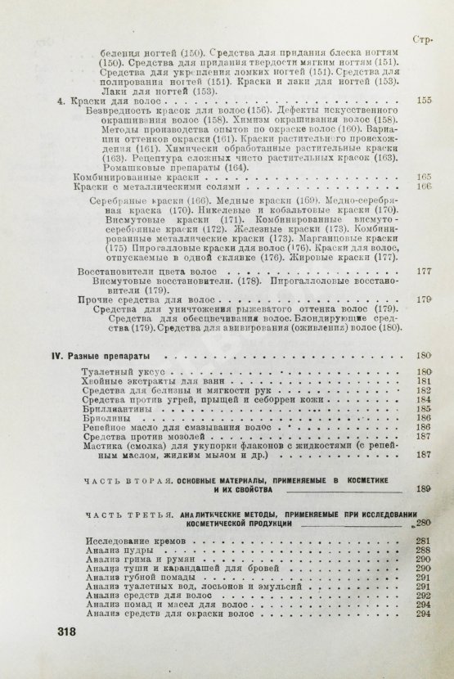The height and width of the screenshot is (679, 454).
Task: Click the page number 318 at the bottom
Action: [62, 631]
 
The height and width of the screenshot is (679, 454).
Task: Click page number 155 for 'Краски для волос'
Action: [423, 101]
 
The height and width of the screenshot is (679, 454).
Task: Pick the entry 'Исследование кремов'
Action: [134, 542]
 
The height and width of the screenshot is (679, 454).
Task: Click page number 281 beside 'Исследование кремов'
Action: [422, 542]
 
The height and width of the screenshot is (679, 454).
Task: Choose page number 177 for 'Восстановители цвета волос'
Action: [423, 271]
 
